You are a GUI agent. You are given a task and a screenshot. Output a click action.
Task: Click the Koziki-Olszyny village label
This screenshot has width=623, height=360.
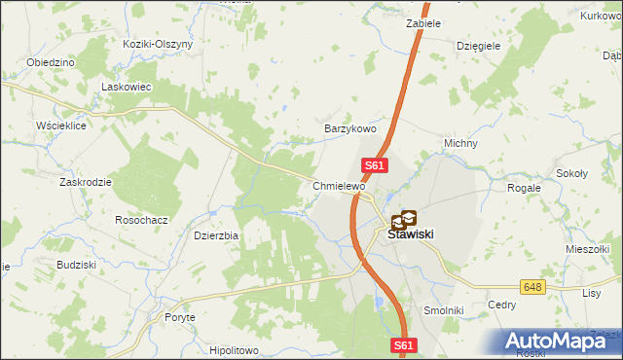pyautogui.click(x=158, y=45)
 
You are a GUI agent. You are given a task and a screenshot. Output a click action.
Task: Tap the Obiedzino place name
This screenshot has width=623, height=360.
pyautogui.click(x=52, y=62)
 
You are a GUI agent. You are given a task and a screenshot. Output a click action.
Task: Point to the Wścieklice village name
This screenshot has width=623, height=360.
pyautogui.click(x=62, y=126)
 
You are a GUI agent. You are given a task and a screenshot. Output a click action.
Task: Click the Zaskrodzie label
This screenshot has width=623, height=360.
pyautogui.click(x=85, y=182)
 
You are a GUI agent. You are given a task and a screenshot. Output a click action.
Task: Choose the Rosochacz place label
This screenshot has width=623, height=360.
pyautogui.click(x=142, y=220)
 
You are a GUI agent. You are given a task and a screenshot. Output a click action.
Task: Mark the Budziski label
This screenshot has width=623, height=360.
pyautogui.click(x=75, y=264)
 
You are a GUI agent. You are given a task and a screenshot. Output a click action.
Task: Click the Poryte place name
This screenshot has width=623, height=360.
pyautogui.click(x=179, y=317)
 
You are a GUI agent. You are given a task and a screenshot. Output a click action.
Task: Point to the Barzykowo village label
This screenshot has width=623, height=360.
pyautogui.click(x=349, y=128)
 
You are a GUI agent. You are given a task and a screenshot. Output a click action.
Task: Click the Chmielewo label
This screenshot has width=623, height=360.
pyautogui.click(x=339, y=186)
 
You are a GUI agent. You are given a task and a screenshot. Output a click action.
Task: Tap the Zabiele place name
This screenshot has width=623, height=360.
pyautogui.click(x=423, y=22)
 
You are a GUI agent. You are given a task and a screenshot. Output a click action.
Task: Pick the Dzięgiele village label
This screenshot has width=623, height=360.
pyautogui.click(x=478, y=45)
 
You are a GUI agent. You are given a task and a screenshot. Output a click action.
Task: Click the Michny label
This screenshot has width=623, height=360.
pyautogui.click(x=460, y=143)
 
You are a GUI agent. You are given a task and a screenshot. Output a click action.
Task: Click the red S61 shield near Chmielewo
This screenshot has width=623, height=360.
pyautogui.click(x=377, y=166)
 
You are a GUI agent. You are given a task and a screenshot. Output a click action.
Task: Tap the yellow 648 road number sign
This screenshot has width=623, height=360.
pyautogui.click(x=531, y=287)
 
